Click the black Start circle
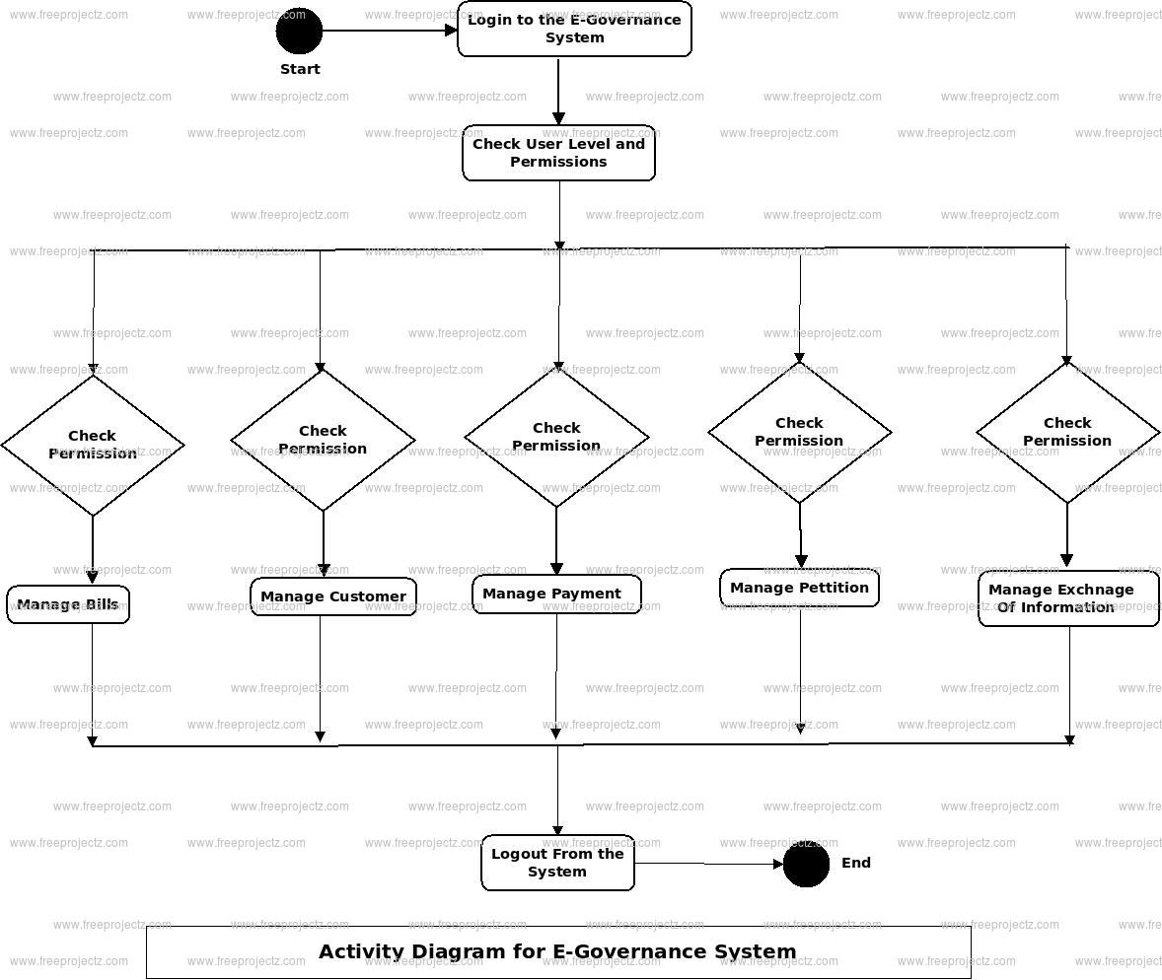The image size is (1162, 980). click(299, 31)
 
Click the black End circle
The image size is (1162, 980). click(806, 864)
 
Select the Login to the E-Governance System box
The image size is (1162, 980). click(574, 30)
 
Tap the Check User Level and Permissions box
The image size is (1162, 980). click(558, 153)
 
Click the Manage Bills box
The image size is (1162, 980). click(68, 604)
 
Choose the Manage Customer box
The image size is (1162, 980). click(333, 596)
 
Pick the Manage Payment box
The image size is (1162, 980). click(556, 594)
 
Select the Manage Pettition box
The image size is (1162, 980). click(799, 588)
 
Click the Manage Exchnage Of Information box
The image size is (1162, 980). click(1068, 598)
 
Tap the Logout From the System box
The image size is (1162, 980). click(557, 863)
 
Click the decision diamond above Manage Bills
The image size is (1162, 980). click(93, 445)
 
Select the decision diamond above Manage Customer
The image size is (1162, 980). click(323, 440)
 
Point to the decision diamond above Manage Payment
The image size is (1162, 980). click(556, 437)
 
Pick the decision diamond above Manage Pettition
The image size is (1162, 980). click(799, 432)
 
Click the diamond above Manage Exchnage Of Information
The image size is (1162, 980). click(1067, 432)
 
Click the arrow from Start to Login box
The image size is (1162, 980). click(390, 31)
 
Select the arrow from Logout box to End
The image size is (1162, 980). click(708, 864)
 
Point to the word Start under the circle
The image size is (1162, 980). click(300, 69)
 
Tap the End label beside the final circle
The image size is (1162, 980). click(856, 863)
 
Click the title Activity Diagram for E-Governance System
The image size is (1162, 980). click(557, 951)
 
